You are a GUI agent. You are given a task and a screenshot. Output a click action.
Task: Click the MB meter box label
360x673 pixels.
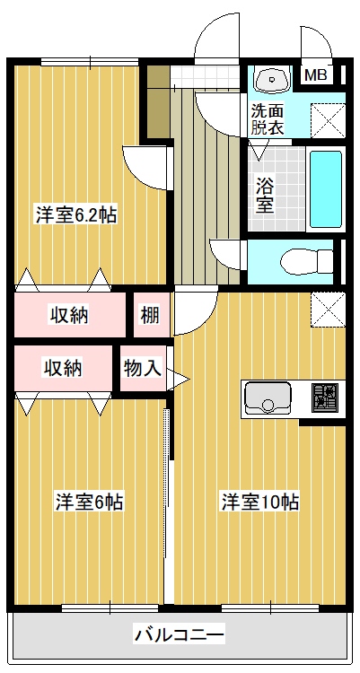point(316,75)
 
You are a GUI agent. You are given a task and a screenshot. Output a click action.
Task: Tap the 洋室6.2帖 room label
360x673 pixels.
point(76,215)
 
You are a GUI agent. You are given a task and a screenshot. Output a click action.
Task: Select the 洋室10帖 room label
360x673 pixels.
point(260,502)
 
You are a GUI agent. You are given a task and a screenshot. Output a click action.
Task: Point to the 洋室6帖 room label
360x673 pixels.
point(90,502)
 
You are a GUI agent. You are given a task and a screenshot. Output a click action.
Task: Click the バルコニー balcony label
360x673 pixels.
point(180,634)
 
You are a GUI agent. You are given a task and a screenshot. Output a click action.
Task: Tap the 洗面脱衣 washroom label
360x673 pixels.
point(268,119)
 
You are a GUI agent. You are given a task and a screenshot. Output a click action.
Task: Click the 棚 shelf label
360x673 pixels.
point(150,316)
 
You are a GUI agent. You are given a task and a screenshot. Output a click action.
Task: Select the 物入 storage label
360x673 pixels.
point(143,368)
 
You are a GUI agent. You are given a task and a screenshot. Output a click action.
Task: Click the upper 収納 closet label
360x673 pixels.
point(70,316)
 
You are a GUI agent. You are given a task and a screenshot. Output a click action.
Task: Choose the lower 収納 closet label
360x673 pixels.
point(64,368)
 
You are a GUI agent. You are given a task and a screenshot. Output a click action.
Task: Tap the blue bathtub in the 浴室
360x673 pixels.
point(326,188)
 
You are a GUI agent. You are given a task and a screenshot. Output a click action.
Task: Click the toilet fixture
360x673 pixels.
point(306,261)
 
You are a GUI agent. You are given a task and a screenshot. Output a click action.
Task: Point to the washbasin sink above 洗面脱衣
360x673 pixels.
point(272,79)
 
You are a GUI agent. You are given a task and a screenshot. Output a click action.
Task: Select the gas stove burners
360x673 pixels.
point(325,398)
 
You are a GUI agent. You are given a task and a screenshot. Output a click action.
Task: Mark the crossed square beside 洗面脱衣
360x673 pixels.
point(329,121)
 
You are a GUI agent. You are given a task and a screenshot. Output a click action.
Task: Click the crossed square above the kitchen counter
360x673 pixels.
point(329,310)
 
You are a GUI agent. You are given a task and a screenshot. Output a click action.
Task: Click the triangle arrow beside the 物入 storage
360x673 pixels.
point(178,380)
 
